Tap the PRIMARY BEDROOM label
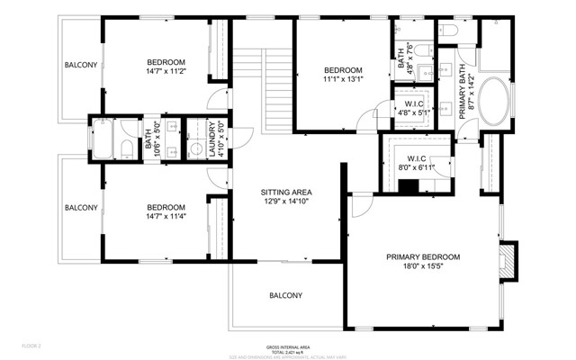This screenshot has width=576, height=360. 423,256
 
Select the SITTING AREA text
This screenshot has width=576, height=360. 286,193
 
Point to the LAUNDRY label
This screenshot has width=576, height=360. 212,139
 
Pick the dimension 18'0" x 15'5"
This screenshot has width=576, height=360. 423,267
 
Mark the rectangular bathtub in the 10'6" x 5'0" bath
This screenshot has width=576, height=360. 100,139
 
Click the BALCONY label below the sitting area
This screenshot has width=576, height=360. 285,295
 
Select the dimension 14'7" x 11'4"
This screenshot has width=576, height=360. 172,216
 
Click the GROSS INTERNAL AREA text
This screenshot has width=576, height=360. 288,346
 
